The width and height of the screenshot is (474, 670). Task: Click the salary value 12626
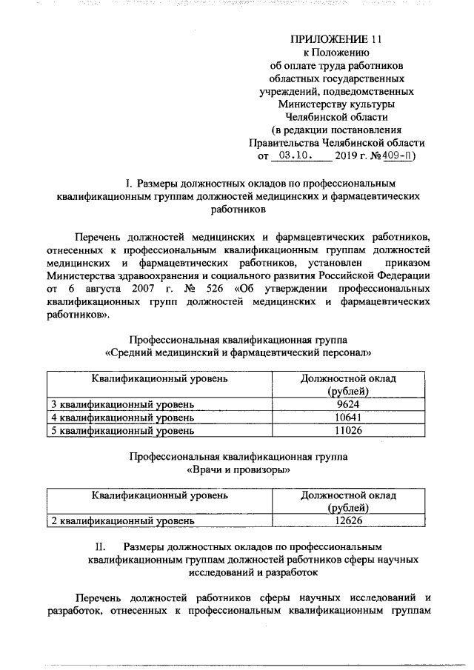[x=347, y=520]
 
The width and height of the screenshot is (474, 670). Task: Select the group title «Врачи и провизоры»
[x=238, y=469]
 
